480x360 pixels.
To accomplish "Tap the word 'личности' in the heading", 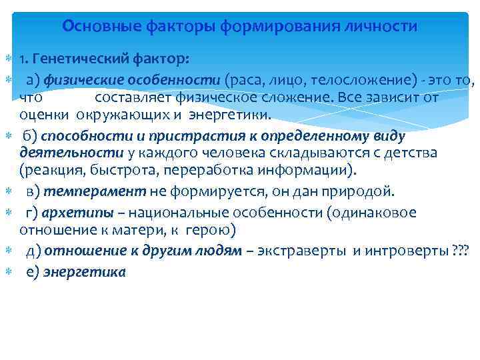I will click(385, 27).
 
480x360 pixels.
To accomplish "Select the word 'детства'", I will click(413, 153).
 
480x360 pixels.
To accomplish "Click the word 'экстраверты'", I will click(309, 251).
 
